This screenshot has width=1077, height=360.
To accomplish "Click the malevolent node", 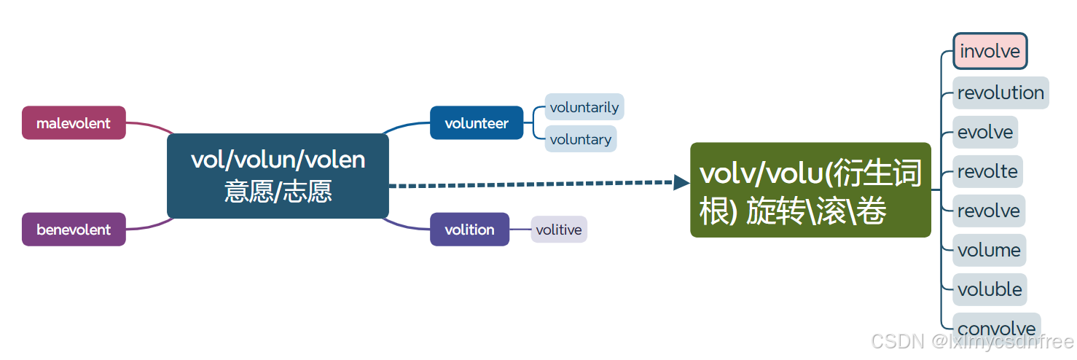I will click(74, 123).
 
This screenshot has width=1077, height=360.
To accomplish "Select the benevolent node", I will click(74, 230).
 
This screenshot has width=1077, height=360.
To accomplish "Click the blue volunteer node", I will click(477, 123).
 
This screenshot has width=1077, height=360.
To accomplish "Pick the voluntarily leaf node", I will click(584, 107).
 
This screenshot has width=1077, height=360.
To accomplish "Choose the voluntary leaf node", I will click(581, 139).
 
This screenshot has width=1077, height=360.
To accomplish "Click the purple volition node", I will click(469, 230).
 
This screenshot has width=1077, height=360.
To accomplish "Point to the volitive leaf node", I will click(559, 230).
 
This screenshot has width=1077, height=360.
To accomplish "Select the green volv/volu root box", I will click(810, 190).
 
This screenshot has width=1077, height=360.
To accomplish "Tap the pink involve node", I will click(990, 52).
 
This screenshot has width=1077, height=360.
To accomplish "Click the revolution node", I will click(1000, 93).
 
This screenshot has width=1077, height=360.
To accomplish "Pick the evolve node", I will click(985, 132).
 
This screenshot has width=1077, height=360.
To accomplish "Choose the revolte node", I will click(987, 171).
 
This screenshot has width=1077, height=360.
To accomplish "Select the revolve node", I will click(989, 211).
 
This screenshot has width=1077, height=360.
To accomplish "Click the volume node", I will click(989, 250).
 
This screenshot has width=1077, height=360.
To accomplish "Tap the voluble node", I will click(990, 289).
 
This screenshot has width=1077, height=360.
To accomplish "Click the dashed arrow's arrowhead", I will click(681, 182).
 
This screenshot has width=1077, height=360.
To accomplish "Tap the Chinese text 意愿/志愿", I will click(278, 192).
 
